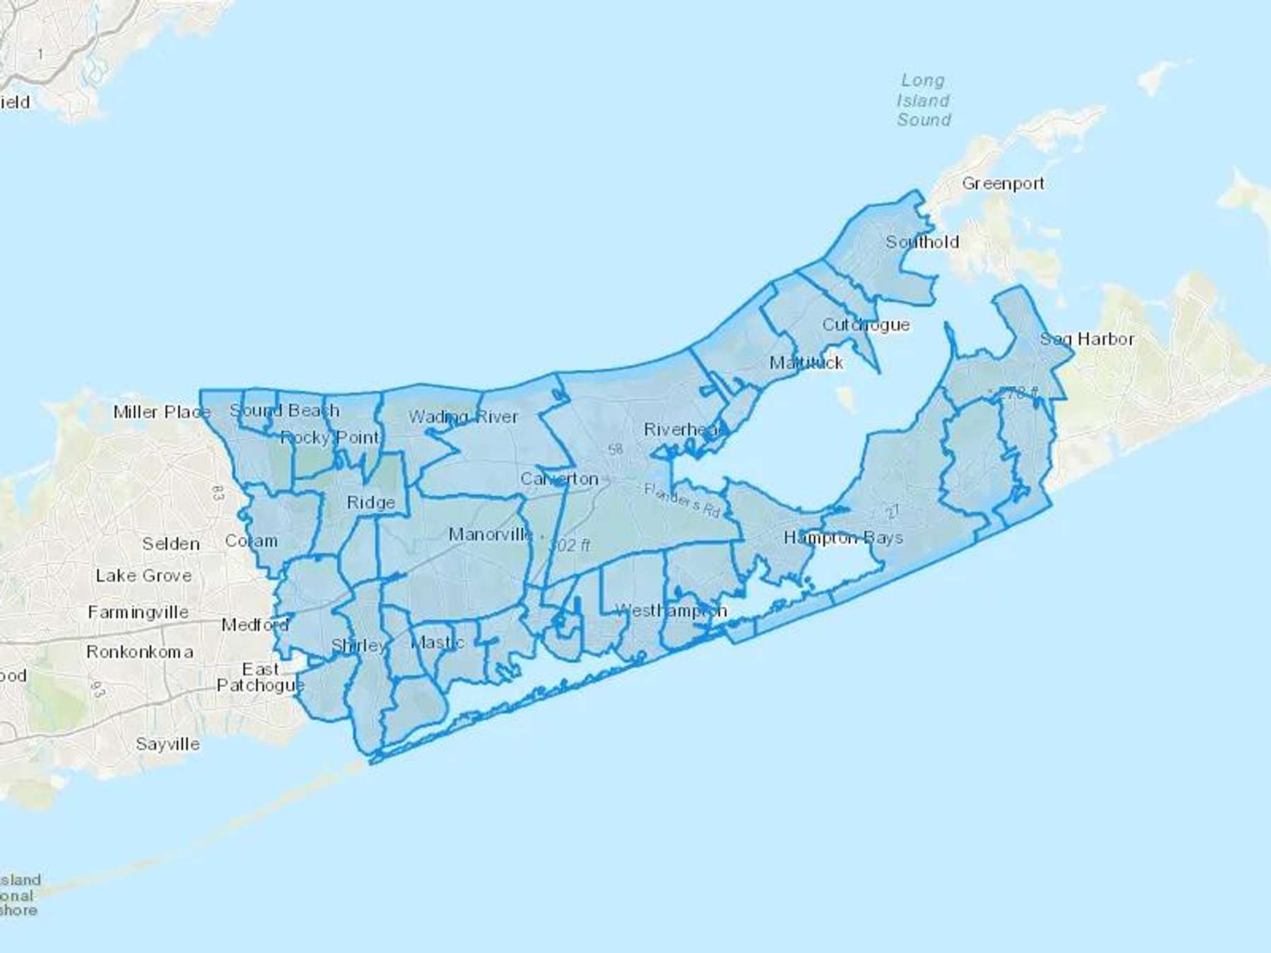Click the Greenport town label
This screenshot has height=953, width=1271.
[1003, 184]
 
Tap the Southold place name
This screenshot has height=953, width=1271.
[922, 242]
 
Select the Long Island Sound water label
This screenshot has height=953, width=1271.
[924, 100]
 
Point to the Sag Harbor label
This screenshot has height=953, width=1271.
[1087, 340]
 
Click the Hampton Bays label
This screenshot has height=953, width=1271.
[843, 538]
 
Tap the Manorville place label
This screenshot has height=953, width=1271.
[491, 534]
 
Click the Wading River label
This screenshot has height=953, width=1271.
[463, 417]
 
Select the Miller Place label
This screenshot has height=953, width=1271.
[162, 412]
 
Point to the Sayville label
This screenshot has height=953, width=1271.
[167, 744]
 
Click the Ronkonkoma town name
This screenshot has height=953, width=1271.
[140, 652]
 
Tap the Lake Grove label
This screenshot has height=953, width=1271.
[144, 575]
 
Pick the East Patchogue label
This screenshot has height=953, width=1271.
[261, 678]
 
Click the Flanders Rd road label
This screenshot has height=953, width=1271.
[681, 500]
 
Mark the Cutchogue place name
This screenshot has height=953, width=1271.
[866, 325]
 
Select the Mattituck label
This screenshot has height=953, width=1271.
[806, 363]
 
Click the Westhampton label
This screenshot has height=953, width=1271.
[671, 611]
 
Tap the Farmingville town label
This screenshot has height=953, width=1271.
[138, 612]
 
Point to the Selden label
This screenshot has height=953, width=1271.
[171, 544]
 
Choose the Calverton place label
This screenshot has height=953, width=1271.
[559, 479]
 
